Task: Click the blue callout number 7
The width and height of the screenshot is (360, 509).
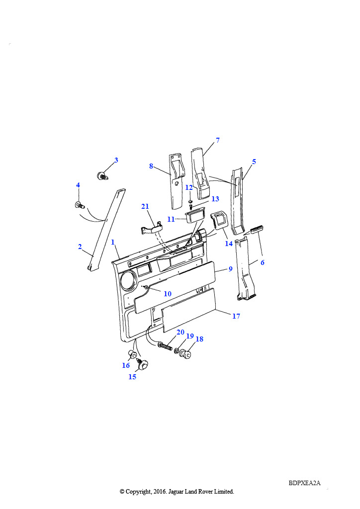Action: [x=217, y=140]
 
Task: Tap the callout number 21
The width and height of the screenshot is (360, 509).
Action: [x=145, y=206]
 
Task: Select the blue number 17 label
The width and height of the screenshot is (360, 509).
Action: [x=236, y=316]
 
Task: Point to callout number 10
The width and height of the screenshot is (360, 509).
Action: [x=168, y=294]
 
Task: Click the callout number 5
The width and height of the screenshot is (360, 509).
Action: [x=254, y=162]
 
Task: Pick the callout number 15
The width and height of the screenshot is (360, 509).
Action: [x=132, y=377]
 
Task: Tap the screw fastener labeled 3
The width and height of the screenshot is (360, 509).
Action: [x=102, y=176]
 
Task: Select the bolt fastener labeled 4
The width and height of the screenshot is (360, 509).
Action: [x=80, y=205]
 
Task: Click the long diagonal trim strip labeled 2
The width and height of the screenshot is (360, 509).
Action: [x=106, y=230]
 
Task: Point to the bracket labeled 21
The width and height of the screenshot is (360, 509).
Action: [x=151, y=228]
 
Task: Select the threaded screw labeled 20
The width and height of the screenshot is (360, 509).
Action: [x=165, y=346]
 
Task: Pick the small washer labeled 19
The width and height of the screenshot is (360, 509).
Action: [x=177, y=350]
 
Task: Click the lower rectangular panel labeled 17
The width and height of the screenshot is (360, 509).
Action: [x=188, y=310]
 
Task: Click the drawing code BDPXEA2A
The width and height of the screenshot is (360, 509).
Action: [x=304, y=483]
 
